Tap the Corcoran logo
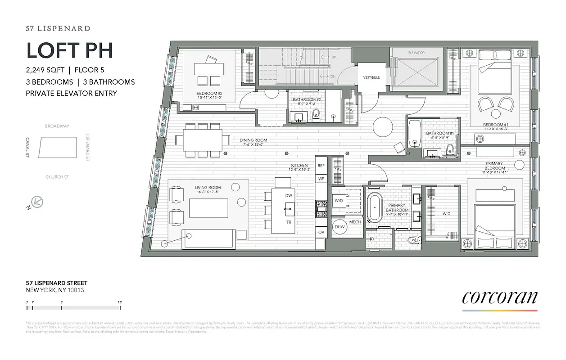(500, 298)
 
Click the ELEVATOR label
(416, 53)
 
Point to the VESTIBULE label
(371, 77)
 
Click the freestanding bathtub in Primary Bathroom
(374, 208)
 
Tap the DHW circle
(340, 227)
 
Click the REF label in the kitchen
(321, 166)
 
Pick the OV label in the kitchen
(321, 232)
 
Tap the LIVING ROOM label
(208, 188)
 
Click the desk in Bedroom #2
(210, 69)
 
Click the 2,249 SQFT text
(45, 70)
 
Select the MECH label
(355, 222)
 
